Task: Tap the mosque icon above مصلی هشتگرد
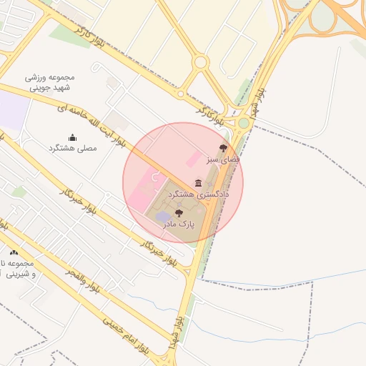click(x=71, y=137)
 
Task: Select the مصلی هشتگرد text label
click(x=71, y=148)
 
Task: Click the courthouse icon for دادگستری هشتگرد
click(x=198, y=184)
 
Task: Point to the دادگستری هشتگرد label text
click(x=198, y=194)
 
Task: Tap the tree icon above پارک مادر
click(x=178, y=213)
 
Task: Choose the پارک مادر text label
click(x=178, y=224)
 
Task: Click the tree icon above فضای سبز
click(x=223, y=148)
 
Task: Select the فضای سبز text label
click(x=223, y=159)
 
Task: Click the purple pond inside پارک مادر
click(x=164, y=216)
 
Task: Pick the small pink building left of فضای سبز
click(x=194, y=155)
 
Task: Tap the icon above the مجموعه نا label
click(x=14, y=252)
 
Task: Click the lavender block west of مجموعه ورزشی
click(x=13, y=111)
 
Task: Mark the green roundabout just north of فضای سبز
click(x=243, y=124)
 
